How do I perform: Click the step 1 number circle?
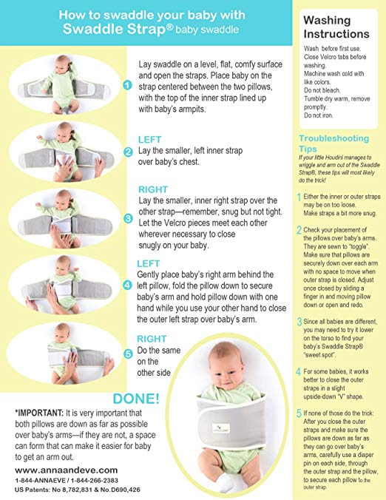[127, 86]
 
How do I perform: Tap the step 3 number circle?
[128, 218]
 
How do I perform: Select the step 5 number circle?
[128, 354]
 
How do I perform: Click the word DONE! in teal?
[136, 399]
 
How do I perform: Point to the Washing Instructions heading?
[336, 27]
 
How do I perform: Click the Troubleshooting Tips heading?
[333, 143]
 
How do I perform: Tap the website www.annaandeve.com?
[67, 470]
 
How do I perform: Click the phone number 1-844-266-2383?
[95, 480]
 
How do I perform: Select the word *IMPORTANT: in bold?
[39, 413]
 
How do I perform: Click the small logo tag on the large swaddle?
[221, 428]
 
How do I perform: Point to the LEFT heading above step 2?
[150, 139]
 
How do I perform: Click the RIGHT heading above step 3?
[153, 189]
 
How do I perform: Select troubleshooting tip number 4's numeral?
[298, 371]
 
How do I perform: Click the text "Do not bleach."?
[322, 90]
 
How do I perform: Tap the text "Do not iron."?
[319, 115]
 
